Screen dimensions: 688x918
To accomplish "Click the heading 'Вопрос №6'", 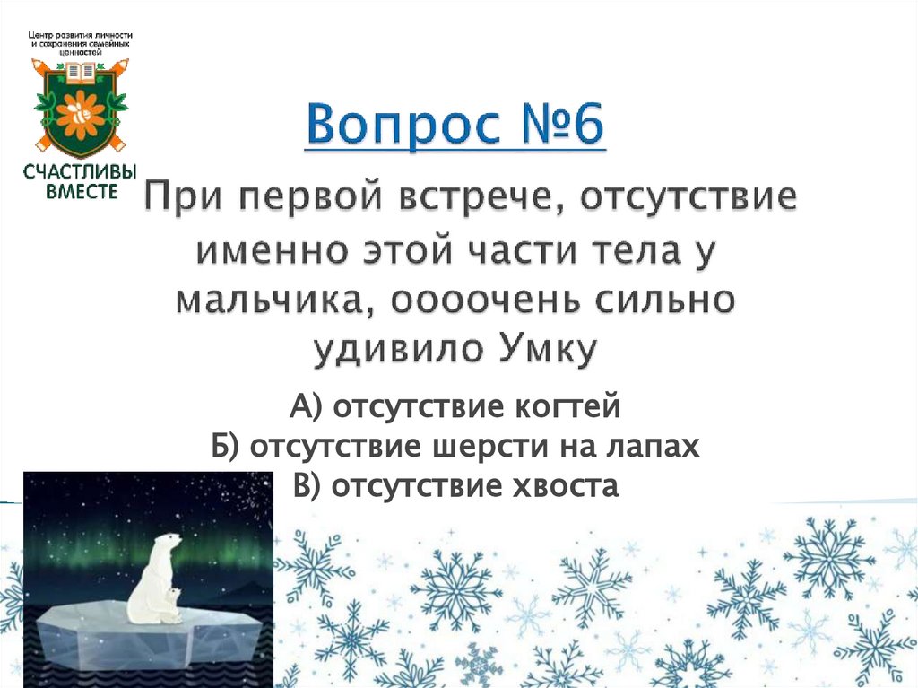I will (455, 126).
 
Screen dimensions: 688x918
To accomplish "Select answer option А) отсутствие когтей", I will (455, 407).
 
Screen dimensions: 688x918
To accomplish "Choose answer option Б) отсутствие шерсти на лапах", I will (455, 447).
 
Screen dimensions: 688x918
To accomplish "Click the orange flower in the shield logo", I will (82, 113).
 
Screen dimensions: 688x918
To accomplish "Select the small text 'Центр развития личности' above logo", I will (82, 34).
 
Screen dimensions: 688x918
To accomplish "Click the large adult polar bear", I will (152, 574).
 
